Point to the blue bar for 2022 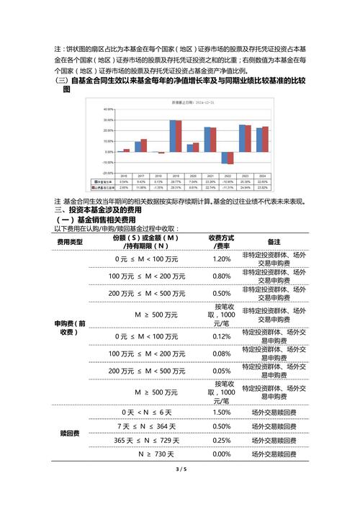tap(224, 158)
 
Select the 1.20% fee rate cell tap(222, 258)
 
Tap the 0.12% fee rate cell tap(222, 336)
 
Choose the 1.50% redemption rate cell tap(222, 412)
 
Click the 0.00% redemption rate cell tap(222, 455)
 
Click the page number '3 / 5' tap(180, 469)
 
